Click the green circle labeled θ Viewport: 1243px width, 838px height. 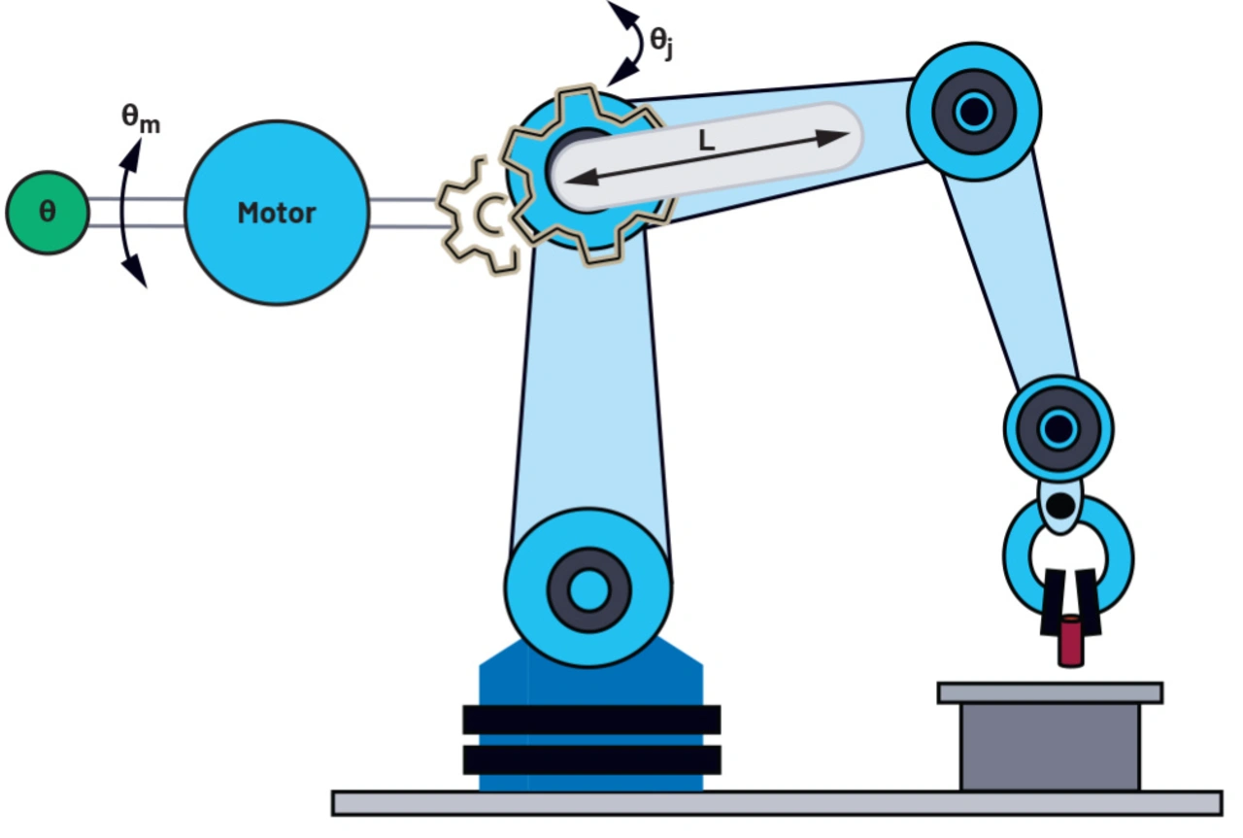pyautogui.click(x=47, y=212)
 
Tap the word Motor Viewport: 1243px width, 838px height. pyautogui.click(x=277, y=213)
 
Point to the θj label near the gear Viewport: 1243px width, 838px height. pyautogui.click(x=661, y=43)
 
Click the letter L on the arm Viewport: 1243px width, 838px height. pyautogui.click(x=706, y=142)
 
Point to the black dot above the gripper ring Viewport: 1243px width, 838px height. pyautogui.click(x=1060, y=505)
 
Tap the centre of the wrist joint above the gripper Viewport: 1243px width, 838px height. pyautogui.click(x=1058, y=427)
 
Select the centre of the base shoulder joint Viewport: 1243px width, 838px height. pyautogui.click(x=588, y=587)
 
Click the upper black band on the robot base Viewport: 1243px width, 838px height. pyautogui.click(x=591, y=720)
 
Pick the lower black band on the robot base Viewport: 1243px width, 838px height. pyautogui.click(x=591, y=759)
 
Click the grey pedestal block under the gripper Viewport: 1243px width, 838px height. pyautogui.click(x=1050, y=746)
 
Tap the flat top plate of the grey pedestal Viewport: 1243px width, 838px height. pyautogui.click(x=1050, y=692)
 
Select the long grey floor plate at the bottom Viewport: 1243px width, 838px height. pyautogui.click(x=777, y=803)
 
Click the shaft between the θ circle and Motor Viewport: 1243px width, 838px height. pyautogui.click(x=136, y=213)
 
